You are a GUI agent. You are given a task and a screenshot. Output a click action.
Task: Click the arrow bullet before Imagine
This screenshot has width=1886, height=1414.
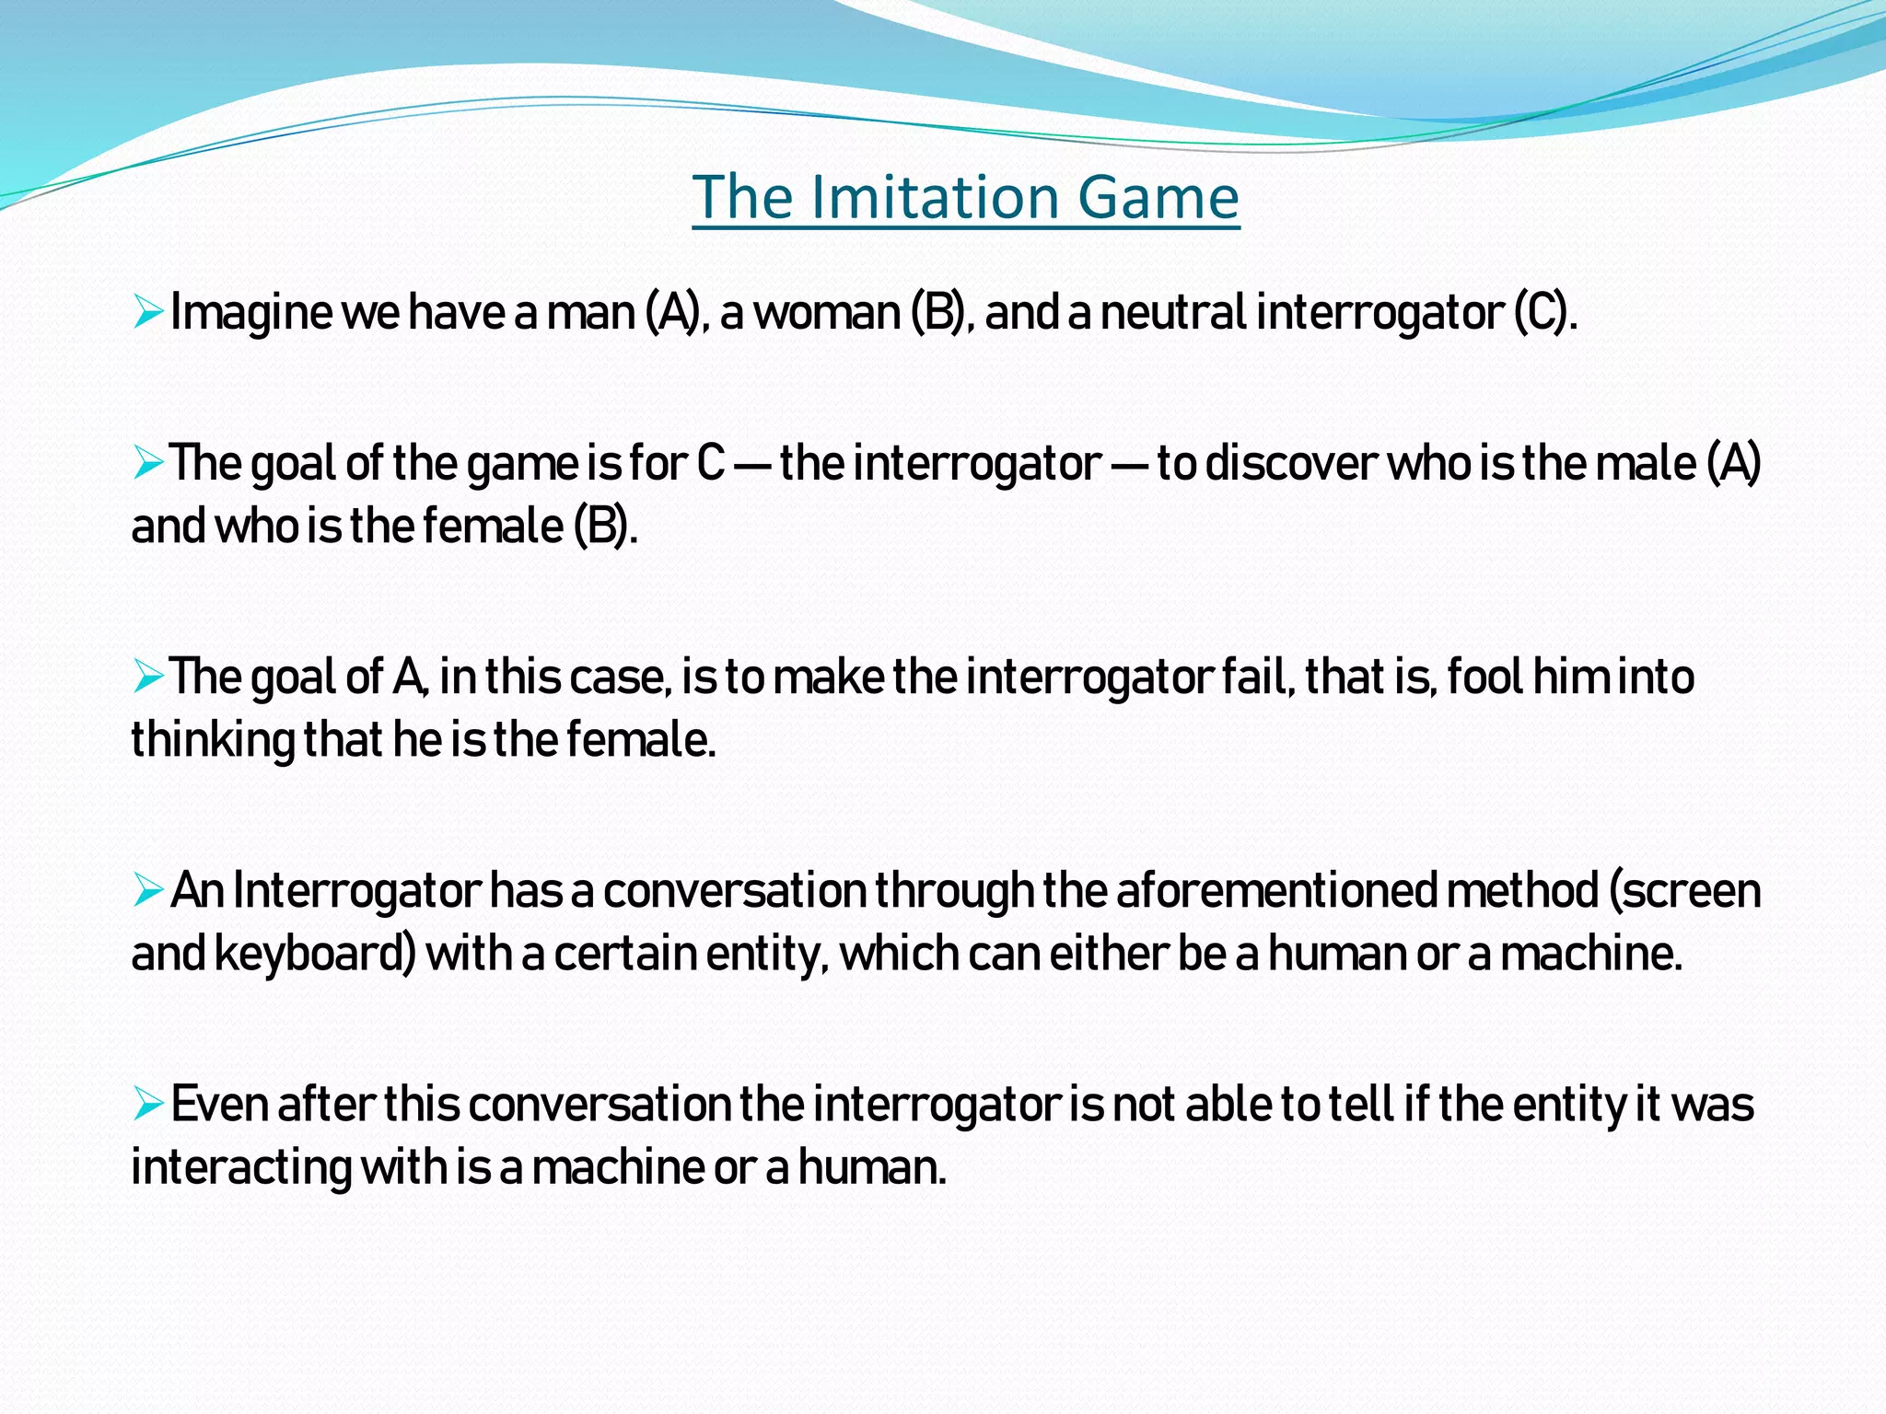(147, 312)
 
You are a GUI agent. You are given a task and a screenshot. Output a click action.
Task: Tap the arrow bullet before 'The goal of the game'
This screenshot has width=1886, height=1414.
(147, 462)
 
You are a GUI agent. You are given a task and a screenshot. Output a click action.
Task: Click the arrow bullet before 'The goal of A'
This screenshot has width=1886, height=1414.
(147, 677)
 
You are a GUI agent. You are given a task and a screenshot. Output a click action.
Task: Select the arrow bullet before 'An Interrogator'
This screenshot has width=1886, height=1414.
(147, 890)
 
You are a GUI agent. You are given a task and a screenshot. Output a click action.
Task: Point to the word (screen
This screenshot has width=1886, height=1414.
(1684, 890)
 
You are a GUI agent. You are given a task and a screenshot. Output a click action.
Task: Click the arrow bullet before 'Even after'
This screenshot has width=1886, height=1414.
(147, 1103)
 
